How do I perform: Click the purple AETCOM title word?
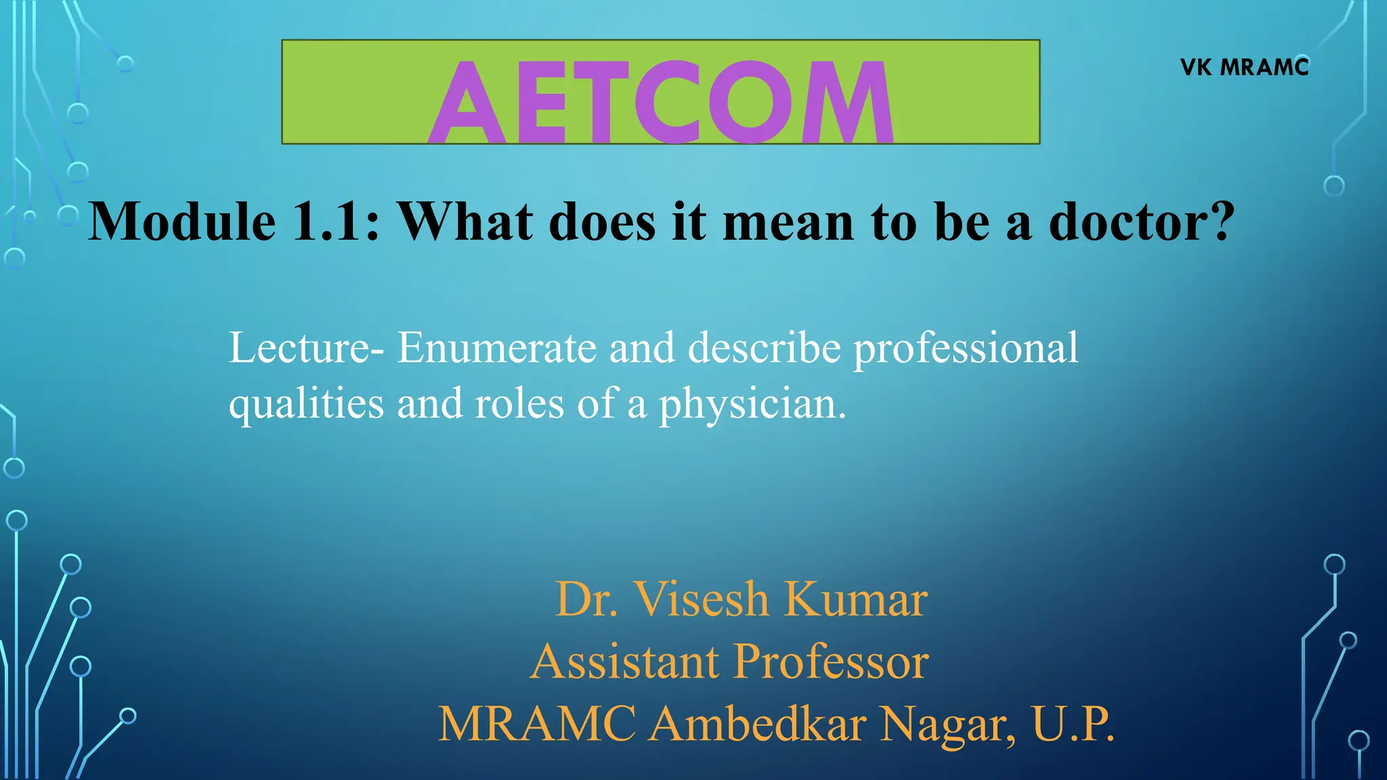point(661,102)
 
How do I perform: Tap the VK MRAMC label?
point(1244,67)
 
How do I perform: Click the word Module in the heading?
point(182,221)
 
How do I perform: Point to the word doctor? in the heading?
point(1142,221)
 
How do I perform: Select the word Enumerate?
point(496,348)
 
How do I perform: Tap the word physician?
point(752,405)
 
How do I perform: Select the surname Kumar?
point(856,599)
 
